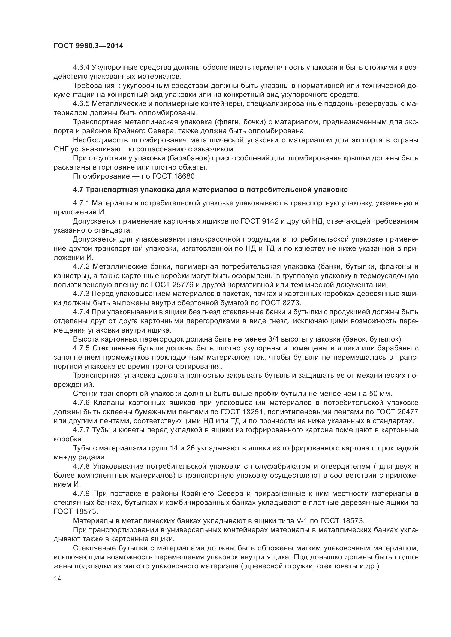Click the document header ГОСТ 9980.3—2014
click(88, 46)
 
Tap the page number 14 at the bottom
click(58, 578)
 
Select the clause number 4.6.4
click(81, 68)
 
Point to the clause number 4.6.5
click(81, 104)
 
